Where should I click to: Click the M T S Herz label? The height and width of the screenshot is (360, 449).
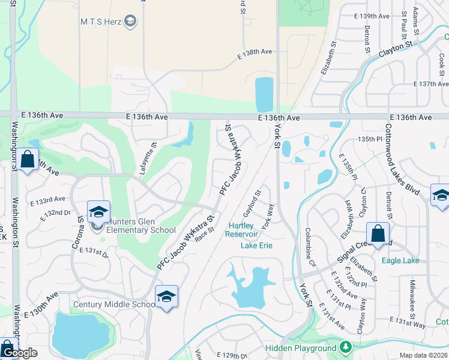coord(101,22)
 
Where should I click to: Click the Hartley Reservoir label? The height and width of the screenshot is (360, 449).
coord(242,230)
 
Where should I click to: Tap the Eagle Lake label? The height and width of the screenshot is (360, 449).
coord(400,260)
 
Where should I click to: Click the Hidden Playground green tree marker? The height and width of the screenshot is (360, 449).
coord(345,347)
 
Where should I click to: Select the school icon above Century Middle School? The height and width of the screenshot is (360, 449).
coord(166,296)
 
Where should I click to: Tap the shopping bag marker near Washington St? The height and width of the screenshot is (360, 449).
coord(27,160)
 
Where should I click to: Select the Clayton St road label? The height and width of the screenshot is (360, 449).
coord(396,49)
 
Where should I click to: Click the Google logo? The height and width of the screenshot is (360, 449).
coord(19,353)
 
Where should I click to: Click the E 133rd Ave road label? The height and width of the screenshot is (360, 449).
coord(53,199)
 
